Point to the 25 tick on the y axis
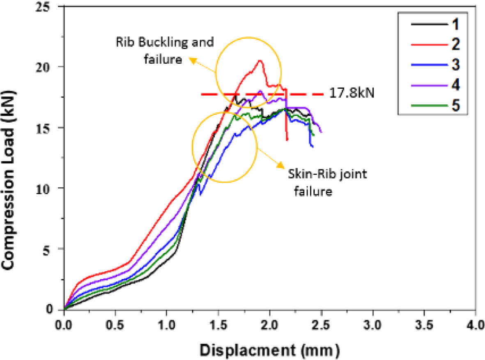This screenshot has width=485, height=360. tap(53, 7)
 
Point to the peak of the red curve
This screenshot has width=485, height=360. tap(260, 61)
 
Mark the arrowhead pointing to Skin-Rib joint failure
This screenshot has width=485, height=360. tap(280, 165)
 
